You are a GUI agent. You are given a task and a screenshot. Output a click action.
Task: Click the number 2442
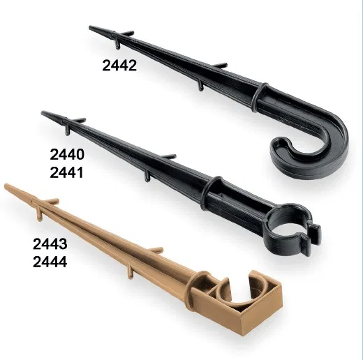pyautogui.click(x=119, y=66)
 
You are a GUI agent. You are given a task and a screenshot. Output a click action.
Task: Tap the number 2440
pyautogui.click(x=67, y=155)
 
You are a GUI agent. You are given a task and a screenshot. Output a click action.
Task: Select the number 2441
pyautogui.click(x=66, y=173)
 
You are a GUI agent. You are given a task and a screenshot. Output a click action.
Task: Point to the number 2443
pyautogui.click(x=50, y=244)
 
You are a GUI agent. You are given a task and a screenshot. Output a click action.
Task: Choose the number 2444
pyautogui.click(x=50, y=262)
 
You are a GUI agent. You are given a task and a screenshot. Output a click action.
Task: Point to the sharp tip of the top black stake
pyautogui.click(x=90, y=27)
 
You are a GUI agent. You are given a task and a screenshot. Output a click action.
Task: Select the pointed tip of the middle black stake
pyautogui.click(x=42, y=113)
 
